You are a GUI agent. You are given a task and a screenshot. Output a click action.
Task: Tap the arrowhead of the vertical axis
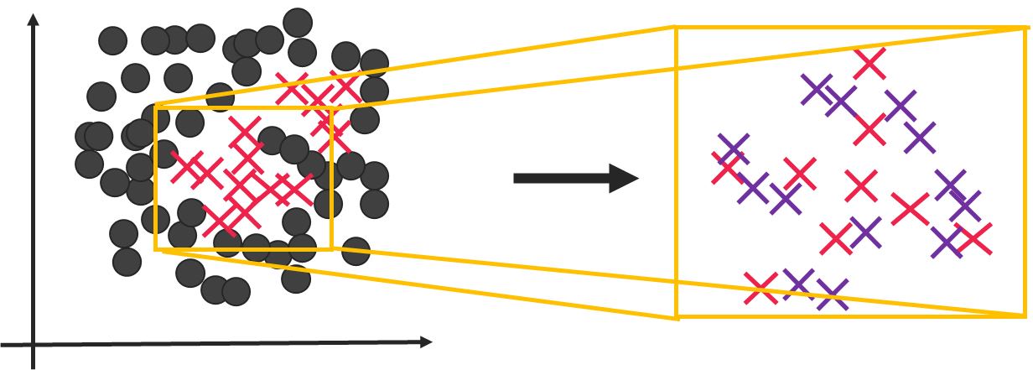click(33, 18)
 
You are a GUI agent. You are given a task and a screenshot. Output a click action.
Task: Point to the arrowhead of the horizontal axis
click(427, 342)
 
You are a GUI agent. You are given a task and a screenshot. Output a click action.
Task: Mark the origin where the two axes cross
click(33, 344)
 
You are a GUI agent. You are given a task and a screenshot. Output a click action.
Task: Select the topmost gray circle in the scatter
click(298, 23)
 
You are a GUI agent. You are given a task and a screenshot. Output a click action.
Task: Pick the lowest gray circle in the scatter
click(236, 292)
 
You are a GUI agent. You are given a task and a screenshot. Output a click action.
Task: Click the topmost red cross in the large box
click(869, 64)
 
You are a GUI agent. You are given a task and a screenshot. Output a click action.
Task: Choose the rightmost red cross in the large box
click(974, 239)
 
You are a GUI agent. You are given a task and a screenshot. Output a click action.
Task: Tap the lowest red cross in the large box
click(760, 289)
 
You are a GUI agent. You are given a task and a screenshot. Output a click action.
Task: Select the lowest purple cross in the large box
click(832, 294)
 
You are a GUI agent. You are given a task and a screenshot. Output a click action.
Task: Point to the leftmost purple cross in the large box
click(734, 149)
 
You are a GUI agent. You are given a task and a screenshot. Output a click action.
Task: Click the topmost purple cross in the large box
click(816, 89)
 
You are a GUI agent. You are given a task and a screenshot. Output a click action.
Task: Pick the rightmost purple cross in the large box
click(965, 206)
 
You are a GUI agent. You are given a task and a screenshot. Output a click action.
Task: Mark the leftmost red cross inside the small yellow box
click(187, 167)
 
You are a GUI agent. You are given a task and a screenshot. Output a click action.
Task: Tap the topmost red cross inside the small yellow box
click(244, 132)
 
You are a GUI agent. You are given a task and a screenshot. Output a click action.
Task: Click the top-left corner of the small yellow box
click(156, 107)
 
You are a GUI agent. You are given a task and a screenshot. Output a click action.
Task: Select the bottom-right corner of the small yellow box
click(332, 249)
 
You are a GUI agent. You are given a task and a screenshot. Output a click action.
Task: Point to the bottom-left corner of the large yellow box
click(677, 317)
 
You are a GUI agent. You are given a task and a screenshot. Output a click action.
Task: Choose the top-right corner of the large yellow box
click(1025, 29)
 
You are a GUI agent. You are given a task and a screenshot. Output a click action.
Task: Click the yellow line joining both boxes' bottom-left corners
click(419, 284)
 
